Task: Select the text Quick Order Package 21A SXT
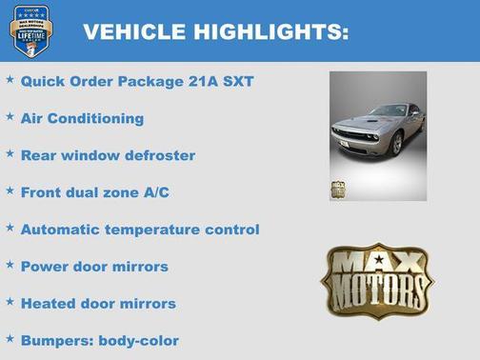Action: point(137,81)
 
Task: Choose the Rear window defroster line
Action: point(108,155)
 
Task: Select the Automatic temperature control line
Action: point(140,230)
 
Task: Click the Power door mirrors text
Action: point(94,267)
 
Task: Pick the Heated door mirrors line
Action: point(98,304)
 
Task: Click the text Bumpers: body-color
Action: point(99,340)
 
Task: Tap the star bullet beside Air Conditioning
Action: point(10,116)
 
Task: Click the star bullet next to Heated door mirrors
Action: point(10,302)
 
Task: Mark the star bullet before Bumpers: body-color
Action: point(10,338)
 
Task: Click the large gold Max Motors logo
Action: point(376,280)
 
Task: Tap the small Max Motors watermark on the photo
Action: point(338,190)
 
